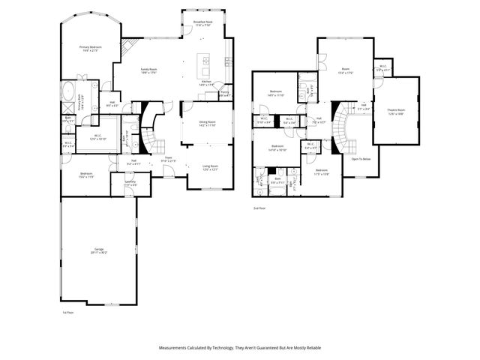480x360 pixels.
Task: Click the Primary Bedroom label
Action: pyautogui.click(x=90, y=47)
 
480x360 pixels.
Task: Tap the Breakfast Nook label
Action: pyautogui.click(x=202, y=22)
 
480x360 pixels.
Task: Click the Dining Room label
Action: pyautogui.click(x=207, y=122)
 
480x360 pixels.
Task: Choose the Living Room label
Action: pyautogui.click(x=209, y=166)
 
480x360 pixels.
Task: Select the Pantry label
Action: pyautogui.click(x=223, y=93)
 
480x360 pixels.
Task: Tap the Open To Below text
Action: pyautogui.click(x=361, y=159)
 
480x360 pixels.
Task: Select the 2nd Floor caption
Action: pyautogui.click(x=259, y=206)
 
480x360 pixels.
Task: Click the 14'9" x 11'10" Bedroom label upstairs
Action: pyautogui.click(x=275, y=92)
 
